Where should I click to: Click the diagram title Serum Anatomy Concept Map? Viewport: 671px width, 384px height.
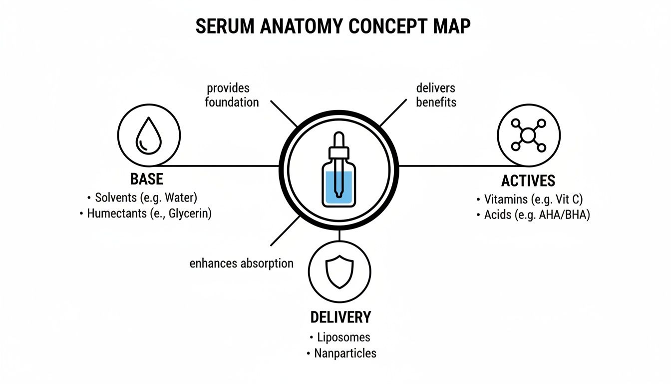tap(333, 26)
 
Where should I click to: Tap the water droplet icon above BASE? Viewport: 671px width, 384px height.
tap(149, 135)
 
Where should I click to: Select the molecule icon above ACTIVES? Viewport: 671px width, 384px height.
tap(529, 135)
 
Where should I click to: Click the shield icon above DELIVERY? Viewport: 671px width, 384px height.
tap(339, 272)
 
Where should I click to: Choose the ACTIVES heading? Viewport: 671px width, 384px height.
tap(528, 181)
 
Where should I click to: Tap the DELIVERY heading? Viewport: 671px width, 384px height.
tap(340, 317)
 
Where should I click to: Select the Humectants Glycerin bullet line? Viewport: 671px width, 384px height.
tap(146, 213)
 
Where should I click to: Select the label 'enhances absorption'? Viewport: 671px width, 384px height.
tap(242, 263)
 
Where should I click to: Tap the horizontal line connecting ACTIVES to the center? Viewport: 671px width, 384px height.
tap(449, 165)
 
